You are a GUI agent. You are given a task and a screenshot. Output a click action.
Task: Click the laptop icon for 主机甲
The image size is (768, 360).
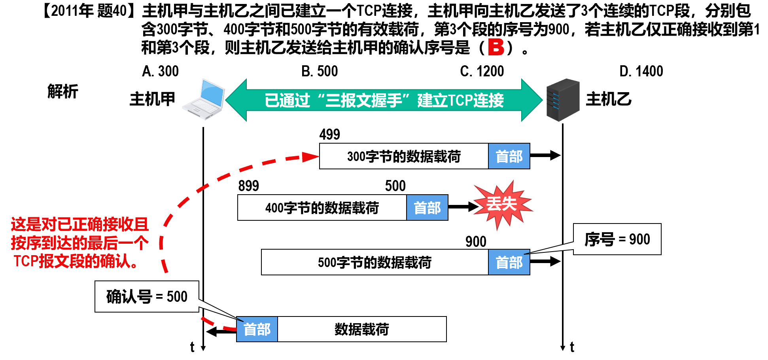point(204,99)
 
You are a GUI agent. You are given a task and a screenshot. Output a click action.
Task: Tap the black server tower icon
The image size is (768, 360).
point(563,100)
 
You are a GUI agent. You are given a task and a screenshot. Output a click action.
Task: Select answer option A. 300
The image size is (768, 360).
point(161,71)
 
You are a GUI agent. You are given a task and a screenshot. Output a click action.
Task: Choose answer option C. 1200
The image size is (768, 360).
point(482,71)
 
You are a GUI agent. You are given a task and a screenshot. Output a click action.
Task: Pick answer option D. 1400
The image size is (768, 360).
point(641,71)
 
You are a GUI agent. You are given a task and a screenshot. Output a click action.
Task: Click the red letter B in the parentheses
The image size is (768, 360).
point(496,47)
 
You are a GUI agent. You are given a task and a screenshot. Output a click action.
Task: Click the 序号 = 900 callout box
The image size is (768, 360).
point(617,239)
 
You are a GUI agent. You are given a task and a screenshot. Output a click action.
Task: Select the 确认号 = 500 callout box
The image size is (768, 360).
point(147,297)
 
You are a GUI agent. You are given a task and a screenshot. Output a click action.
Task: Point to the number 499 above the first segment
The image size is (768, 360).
point(329,135)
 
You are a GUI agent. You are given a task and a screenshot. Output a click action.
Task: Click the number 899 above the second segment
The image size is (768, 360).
point(248,186)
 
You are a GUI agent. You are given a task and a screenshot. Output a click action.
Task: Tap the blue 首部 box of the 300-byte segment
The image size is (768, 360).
point(509,157)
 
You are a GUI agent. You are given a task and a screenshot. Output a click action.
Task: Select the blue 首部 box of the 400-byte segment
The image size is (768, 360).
point(427,208)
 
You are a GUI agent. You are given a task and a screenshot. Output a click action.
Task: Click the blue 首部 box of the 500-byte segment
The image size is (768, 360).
point(509,262)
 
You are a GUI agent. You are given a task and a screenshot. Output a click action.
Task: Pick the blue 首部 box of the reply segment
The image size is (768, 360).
point(257,329)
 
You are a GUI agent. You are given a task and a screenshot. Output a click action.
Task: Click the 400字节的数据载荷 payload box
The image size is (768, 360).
point(322,208)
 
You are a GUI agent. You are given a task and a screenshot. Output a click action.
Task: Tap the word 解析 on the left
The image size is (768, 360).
point(62,91)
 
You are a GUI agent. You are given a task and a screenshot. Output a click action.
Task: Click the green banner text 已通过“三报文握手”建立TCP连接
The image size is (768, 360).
point(384,100)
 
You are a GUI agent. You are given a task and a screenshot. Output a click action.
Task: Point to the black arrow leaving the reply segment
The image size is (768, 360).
point(221,332)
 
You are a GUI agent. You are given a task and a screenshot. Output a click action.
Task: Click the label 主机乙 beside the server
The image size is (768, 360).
point(608,99)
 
